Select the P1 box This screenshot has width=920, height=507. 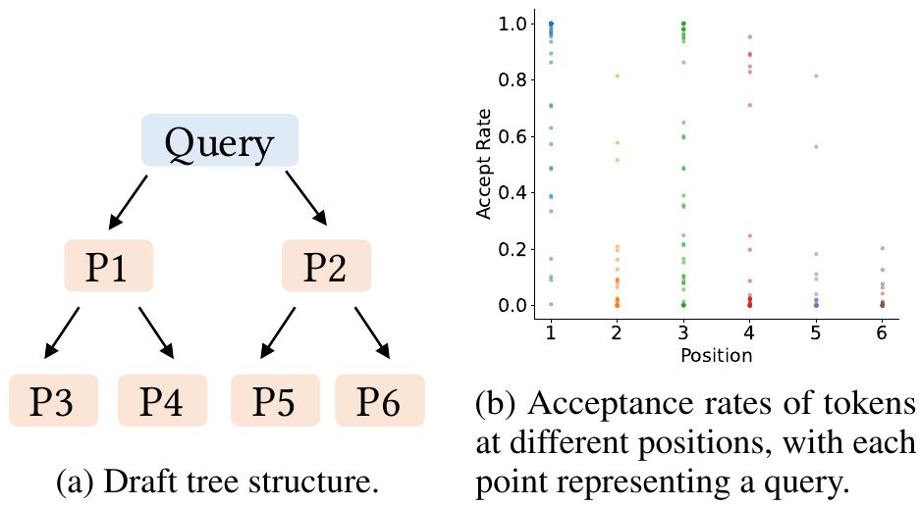click(x=108, y=266)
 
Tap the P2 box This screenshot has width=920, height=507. click(x=326, y=266)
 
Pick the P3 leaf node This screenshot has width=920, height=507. click(x=53, y=400)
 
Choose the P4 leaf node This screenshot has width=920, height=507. click(x=162, y=400)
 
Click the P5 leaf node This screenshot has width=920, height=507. click(x=274, y=400)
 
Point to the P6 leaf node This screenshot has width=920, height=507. click(x=379, y=400)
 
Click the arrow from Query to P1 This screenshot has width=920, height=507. click(x=128, y=201)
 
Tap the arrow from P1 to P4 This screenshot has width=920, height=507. click(x=156, y=332)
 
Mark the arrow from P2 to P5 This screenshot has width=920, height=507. click(x=277, y=332)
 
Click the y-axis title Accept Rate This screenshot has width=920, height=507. click(x=484, y=164)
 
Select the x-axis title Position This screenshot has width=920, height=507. click(x=716, y=355)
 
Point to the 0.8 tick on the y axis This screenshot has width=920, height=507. click(x=514, y=79)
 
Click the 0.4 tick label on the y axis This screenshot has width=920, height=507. click(x=514, y=192)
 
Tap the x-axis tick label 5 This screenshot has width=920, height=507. click(x=816, y=333)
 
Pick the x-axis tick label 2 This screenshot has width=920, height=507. click(x=617, y=333)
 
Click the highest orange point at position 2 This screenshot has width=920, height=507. click(x=618, y=76)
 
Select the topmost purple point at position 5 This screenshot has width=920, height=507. click(x=816, y=76)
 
